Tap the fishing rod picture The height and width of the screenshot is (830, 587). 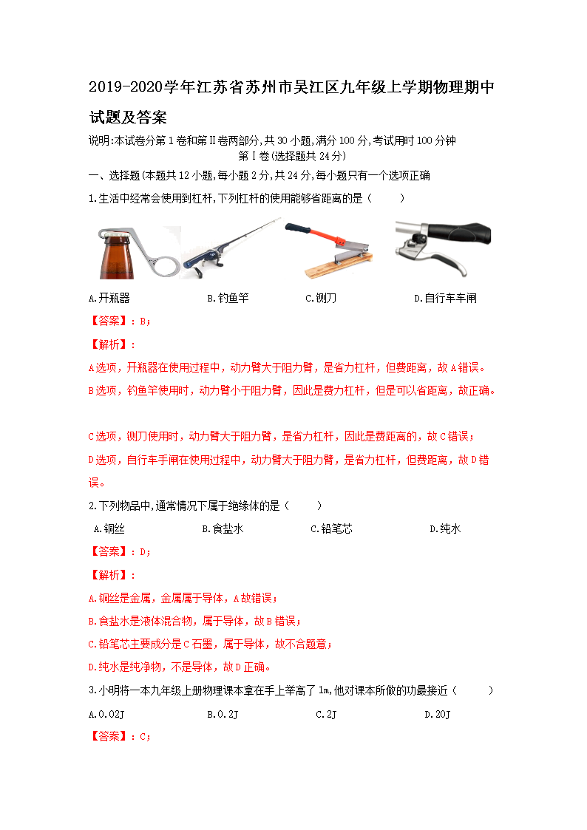click(231, 248)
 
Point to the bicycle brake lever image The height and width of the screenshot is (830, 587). click(442, 248)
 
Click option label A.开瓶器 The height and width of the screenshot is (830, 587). click(109, 299)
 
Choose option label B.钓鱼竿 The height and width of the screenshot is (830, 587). click(228, 299)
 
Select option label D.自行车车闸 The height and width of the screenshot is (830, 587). click(445, 299)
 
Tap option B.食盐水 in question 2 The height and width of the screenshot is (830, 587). click(223, 529)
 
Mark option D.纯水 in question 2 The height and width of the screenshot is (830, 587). click(445, 529)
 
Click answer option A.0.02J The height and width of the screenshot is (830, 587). click(106, 715)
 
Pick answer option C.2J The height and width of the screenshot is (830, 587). click(326, 715)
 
